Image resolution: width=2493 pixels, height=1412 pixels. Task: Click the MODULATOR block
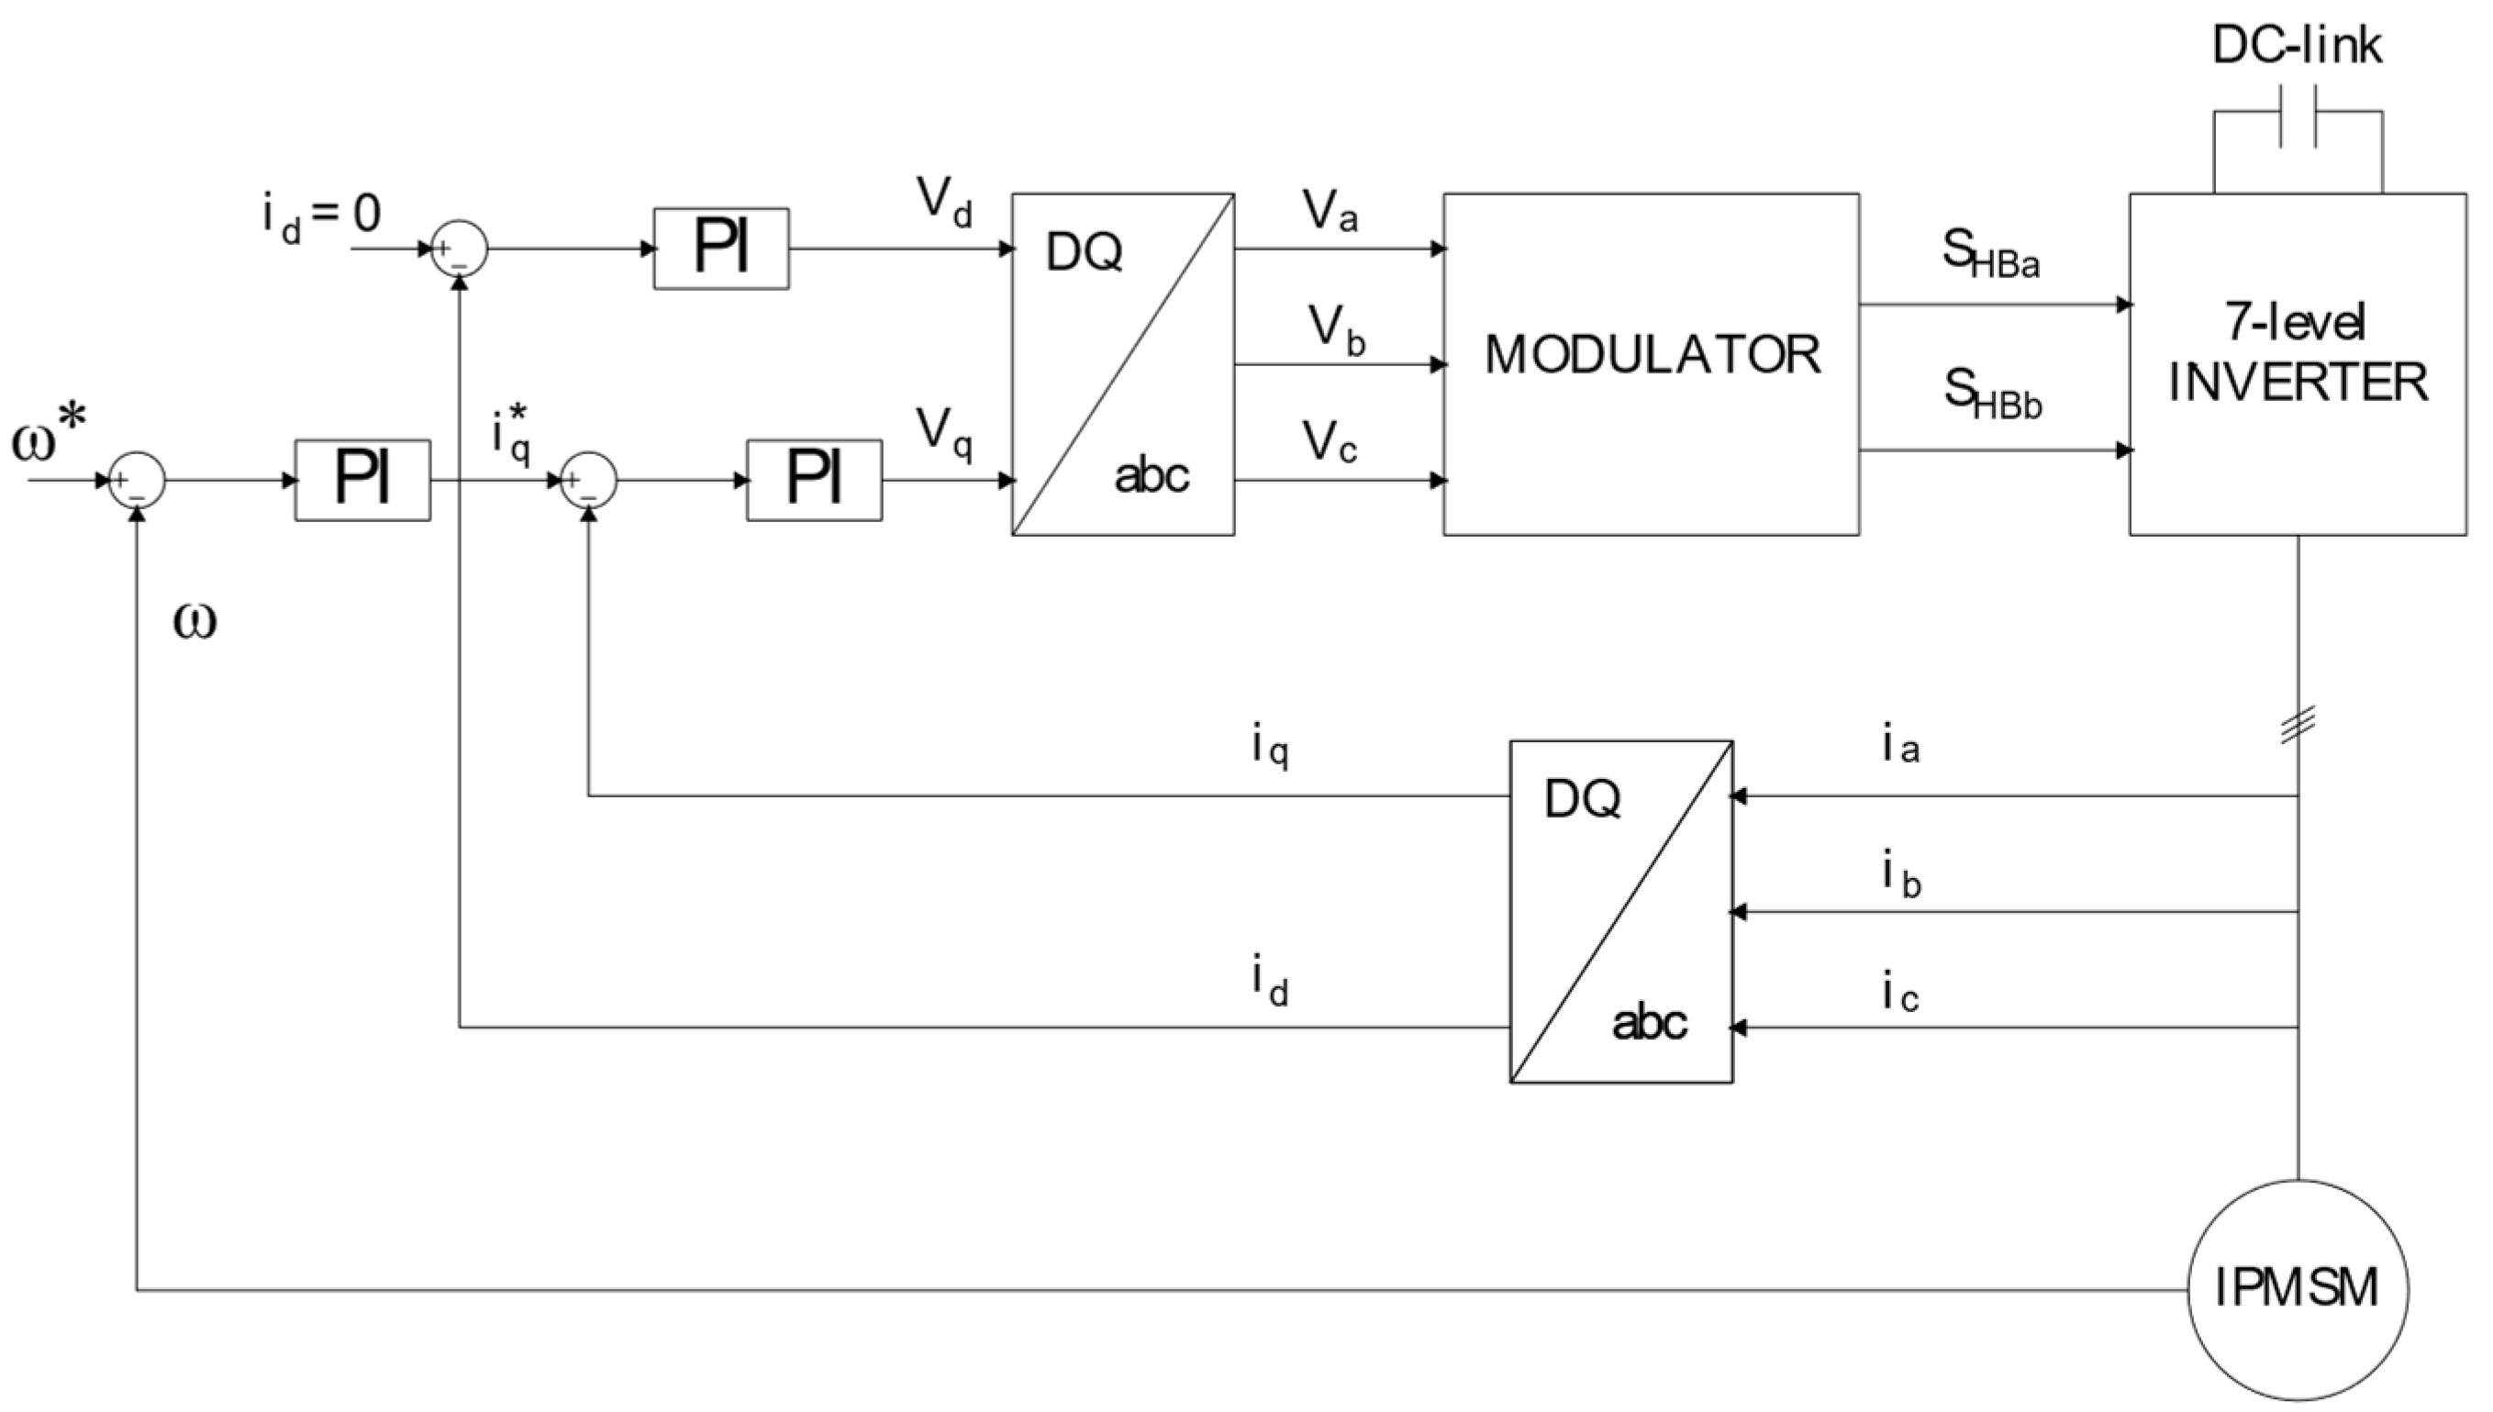click(1651, 363)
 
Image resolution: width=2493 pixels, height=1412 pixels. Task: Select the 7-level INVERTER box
click(2298, 363)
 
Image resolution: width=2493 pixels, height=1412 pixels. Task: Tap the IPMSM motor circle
click(2298, 1289)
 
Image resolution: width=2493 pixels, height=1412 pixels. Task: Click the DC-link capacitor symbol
click(2298, 116)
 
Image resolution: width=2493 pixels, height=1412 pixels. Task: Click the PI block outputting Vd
click(720, 249)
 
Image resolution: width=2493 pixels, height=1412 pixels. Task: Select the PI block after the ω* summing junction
click(362, 480)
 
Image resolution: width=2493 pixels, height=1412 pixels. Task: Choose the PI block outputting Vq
click(814, 480)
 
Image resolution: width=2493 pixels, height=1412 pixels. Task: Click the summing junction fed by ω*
click(137, 480)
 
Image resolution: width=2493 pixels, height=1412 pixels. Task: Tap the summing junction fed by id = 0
click(459, 249)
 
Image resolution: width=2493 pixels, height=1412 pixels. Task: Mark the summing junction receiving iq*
click(588, 480)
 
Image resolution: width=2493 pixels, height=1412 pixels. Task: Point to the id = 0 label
click(321, 217)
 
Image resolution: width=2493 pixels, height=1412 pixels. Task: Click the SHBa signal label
click(1990, 254)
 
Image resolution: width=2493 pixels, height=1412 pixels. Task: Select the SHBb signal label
click(1992, 393)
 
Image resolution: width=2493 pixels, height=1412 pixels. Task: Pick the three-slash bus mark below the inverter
click(2298, 725)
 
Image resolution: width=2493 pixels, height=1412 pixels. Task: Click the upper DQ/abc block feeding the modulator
click(1123, 363)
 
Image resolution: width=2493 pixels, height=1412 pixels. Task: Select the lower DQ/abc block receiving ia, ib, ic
click(1620, 912)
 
